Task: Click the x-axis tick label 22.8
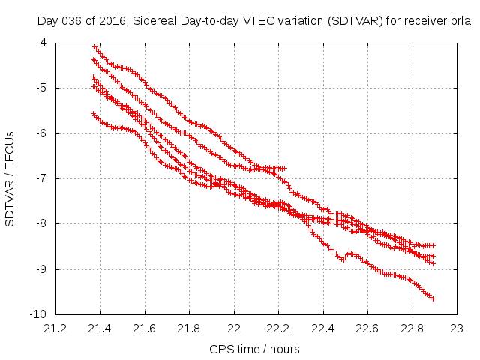(412, 328)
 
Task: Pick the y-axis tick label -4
(41, 43)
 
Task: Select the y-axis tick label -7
(41, 178)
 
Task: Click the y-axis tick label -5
(41, 88)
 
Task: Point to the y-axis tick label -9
(41, 268)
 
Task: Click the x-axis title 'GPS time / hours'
(255, 349)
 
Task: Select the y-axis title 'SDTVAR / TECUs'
(10, 178)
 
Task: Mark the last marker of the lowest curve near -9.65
(433, 298)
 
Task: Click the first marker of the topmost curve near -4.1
(94, 47)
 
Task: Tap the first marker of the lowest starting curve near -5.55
(93, 113)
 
